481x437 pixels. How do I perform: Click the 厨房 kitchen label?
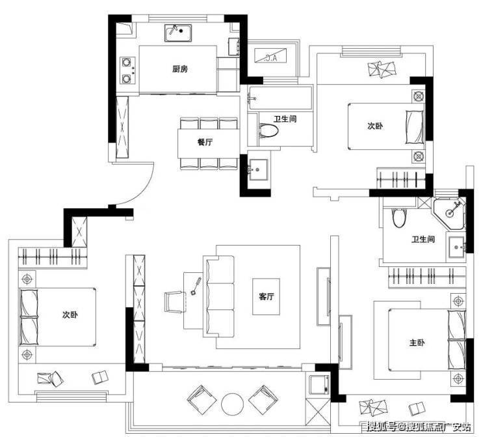(179, 69)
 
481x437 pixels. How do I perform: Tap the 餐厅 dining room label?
(205, 142)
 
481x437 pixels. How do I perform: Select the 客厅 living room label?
(266, 296)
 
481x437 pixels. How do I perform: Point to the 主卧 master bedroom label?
(417, 343)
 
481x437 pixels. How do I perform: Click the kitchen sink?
(178, 33)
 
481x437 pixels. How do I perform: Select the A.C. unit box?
(271, 56)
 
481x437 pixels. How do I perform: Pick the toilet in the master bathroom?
(399, 218)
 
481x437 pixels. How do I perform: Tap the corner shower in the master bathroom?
(448, 213)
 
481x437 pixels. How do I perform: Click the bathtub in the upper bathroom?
(280, 98)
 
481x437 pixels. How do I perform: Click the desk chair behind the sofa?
(175, 302)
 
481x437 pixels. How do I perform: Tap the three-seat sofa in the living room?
(218, 296)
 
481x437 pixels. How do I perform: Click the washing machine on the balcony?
(319, 384)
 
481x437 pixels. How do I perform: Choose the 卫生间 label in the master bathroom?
(423, 239)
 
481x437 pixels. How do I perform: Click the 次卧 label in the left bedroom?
(70, 315)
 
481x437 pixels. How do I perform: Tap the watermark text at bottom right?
(419, 427)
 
